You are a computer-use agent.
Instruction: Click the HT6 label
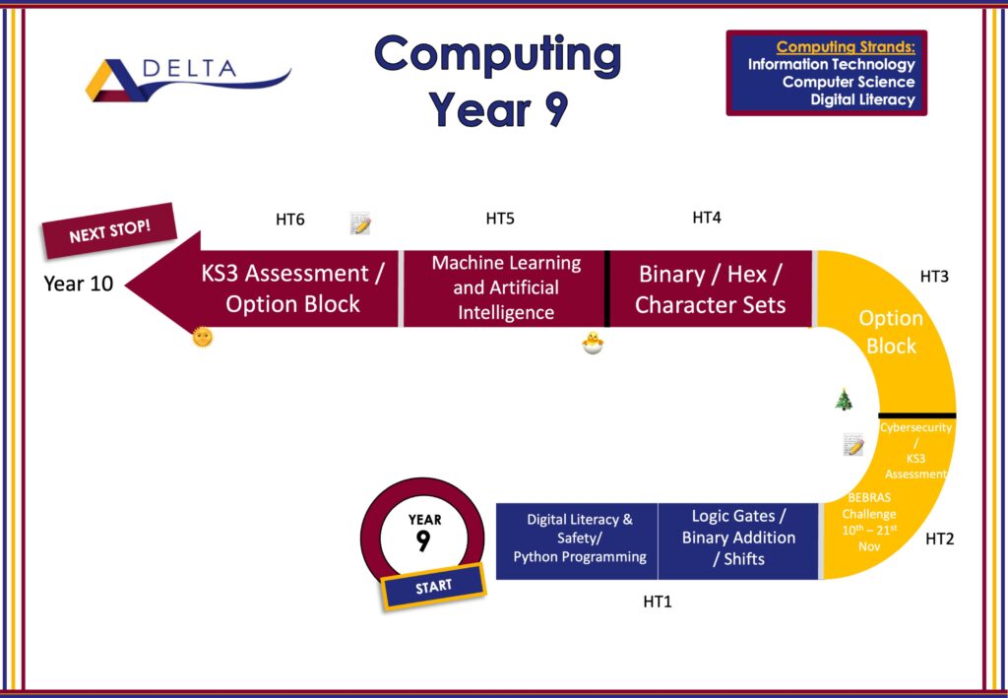(290, 220)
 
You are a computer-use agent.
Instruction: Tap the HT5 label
(500, 220)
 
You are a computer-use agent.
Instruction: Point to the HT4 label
(707, 218)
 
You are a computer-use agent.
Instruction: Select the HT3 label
(934, 277)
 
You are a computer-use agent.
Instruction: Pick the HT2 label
(939, 539)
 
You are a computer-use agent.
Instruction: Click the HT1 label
(657, 602)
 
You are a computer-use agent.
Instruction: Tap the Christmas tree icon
(844, 399)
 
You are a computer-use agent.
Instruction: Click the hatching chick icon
(593, 344)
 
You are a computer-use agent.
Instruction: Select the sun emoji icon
(203, 337)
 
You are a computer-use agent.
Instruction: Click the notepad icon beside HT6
(360, 223)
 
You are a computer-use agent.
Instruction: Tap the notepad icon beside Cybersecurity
(853, 444)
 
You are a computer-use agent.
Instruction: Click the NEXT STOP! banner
(109, 230)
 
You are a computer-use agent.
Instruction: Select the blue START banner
(433, 586)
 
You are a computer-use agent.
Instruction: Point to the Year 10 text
(79, 284)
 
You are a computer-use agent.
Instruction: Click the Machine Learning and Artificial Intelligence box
(505, 288)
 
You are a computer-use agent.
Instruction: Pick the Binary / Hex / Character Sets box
(711, 288)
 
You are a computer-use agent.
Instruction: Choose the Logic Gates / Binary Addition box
(738, 541)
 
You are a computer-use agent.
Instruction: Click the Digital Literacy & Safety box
(577, 541)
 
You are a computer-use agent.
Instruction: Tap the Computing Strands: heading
(846, 47)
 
